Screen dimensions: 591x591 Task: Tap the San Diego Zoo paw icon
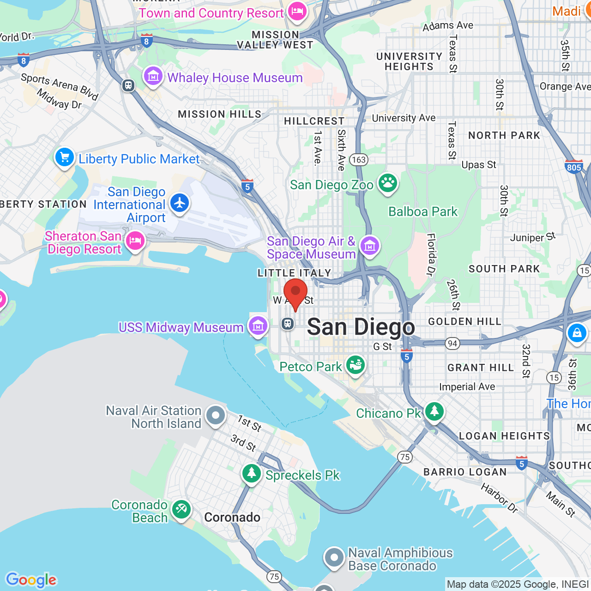pos(388,183)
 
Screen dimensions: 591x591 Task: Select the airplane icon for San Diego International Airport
pos(180,203)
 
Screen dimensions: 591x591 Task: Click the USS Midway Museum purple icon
pos(258,326)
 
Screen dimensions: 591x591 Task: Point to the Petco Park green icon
pos(355,365)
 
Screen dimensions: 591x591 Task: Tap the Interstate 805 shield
pos(573,167)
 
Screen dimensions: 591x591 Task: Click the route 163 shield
pos(359,160)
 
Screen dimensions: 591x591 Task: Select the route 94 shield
pos(452,343)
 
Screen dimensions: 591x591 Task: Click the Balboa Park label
pos(423,211)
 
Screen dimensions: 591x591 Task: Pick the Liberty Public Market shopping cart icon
pos(65,158)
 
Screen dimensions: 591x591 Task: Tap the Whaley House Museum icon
pos(153,76)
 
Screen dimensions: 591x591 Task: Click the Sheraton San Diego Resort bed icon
pos(135,241)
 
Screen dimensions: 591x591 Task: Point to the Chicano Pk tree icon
pos(434,411)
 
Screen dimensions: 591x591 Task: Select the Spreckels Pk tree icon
pos(252,473)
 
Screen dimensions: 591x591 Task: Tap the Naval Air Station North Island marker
pos(216,416)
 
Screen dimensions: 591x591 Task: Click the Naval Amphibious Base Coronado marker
pos(334,558)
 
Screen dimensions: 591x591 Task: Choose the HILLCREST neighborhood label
pos(314,121)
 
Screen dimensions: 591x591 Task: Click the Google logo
pos(31,580)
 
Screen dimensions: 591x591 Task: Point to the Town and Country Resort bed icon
pos(297,11)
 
